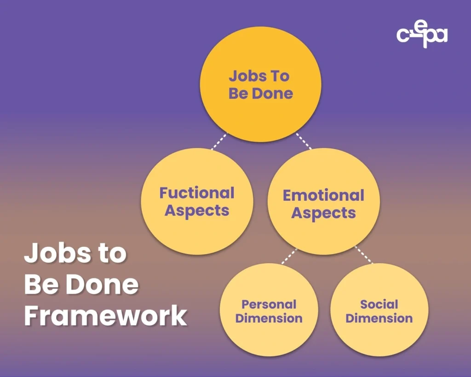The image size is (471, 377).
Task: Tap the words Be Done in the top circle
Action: (260, 93)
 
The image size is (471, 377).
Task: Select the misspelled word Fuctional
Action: (197, 193)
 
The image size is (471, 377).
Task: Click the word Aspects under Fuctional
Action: (197, 211)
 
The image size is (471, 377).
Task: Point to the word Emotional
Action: (323, 195)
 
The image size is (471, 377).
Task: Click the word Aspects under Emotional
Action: (323, 213)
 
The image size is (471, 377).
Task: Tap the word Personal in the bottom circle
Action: (269, 304)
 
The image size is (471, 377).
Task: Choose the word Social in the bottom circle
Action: (379, 304)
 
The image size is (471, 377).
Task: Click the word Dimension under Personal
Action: (269, 318)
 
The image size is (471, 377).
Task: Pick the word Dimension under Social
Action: (379, 318)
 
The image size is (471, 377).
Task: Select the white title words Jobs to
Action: (75, 254)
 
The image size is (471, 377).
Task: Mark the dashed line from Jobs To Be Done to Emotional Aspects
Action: (304, 141)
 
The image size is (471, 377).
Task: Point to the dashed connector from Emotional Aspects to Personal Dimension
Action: (289, 256)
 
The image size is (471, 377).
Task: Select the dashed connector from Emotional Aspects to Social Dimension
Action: (363, 255)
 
